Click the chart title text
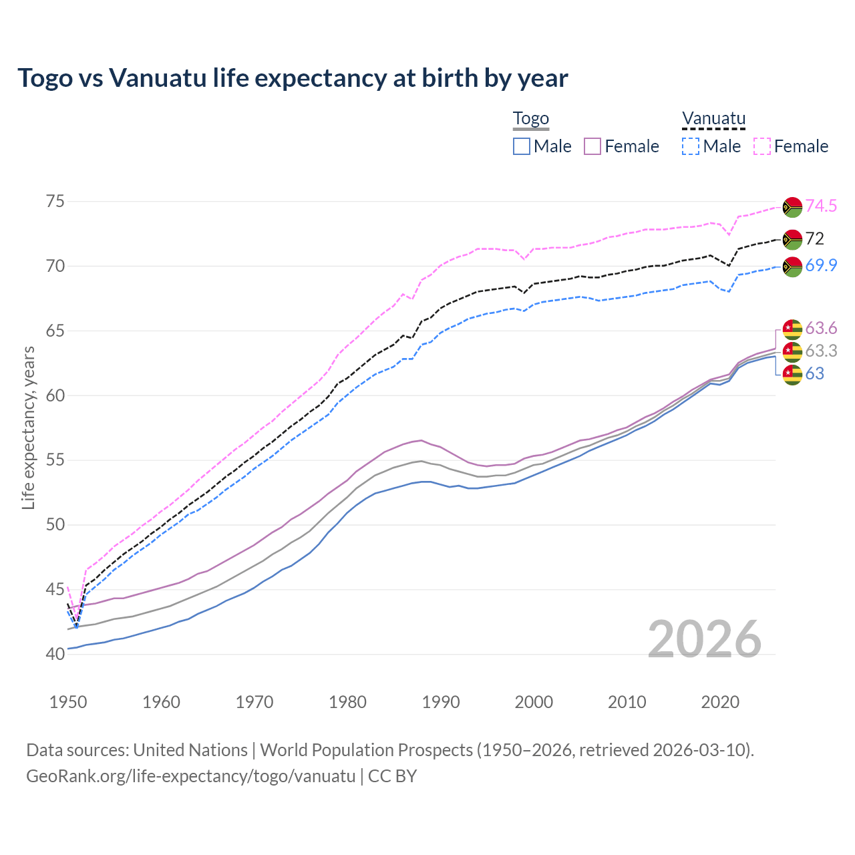coord(293,78)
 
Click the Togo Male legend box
coord(522,146)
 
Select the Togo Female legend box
coord(592,146)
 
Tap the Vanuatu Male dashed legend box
coord(691,146)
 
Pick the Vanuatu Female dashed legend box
coord(762,146)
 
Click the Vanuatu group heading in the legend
coord(713,119)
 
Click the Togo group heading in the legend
coord(530,119)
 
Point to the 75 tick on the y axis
coord(55,202)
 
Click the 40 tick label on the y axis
coord(55,654)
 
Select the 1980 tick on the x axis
coord(347,702)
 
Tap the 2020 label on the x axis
coord(720,702)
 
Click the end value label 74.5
coord(821,206)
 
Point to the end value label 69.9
coord(821,266)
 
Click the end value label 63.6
coord(821,329)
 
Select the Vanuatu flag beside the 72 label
coord(792,239)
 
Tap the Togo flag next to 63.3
coord(792,351)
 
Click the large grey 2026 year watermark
coord(704,639)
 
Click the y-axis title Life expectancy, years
coord(28,427)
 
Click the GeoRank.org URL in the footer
coord(191,776)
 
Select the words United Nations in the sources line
coord(190,750)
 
